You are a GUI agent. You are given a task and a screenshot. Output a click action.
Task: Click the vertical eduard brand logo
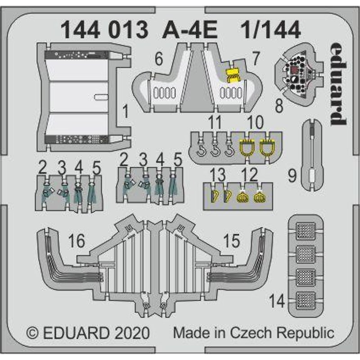pyautogui.click(x=338, y=85)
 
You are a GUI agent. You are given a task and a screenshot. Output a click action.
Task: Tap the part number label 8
pyautogui.click(x=279, y=107)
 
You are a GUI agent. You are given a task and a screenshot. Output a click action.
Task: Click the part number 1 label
pyautogui.click(x=126, y=109)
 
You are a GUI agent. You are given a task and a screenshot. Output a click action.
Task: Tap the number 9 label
pyautogui.click(x=292, y=175)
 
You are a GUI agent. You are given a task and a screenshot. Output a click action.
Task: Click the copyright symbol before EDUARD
pyautogui.click(x=32, y=333)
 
